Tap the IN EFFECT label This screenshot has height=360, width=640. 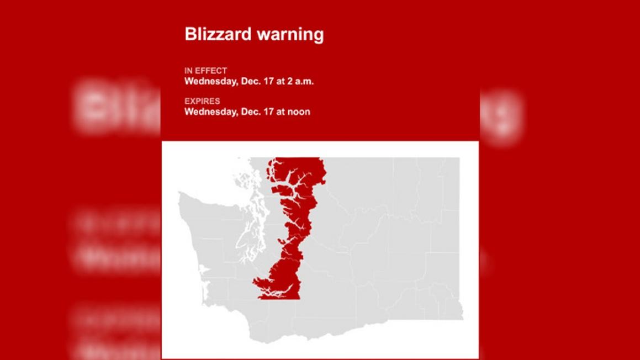click(205, 71)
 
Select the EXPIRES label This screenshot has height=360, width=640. click(202, 101)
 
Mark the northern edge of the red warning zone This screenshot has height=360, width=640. click(295, 160)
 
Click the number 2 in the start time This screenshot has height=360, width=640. click(290, 81)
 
